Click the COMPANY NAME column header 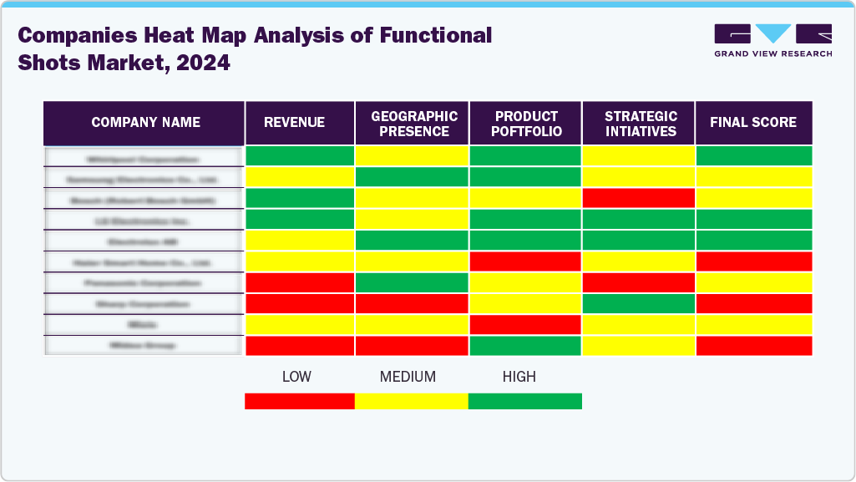click(x=145, y=123)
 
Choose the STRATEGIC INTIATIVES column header click(x=639, y=124)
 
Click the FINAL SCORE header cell click(x=753, y=123)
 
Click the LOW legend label click(x=296, y=377)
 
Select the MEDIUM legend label click(x=408, y=377)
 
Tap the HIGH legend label click(x=519, y=377)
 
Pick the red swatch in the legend click(x=299, y=401)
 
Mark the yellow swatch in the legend click(x=411, y=401)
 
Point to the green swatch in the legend click(x=524, y=401)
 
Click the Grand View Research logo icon click(x=772, y=34)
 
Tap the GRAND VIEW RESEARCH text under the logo click(x=772, y=53)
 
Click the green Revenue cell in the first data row click(x=300, y=156)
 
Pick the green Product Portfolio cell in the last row click(x=525, y=345)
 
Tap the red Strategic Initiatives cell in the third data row click(x=638, y=198)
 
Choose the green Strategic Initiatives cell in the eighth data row click(x=638, y=303)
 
